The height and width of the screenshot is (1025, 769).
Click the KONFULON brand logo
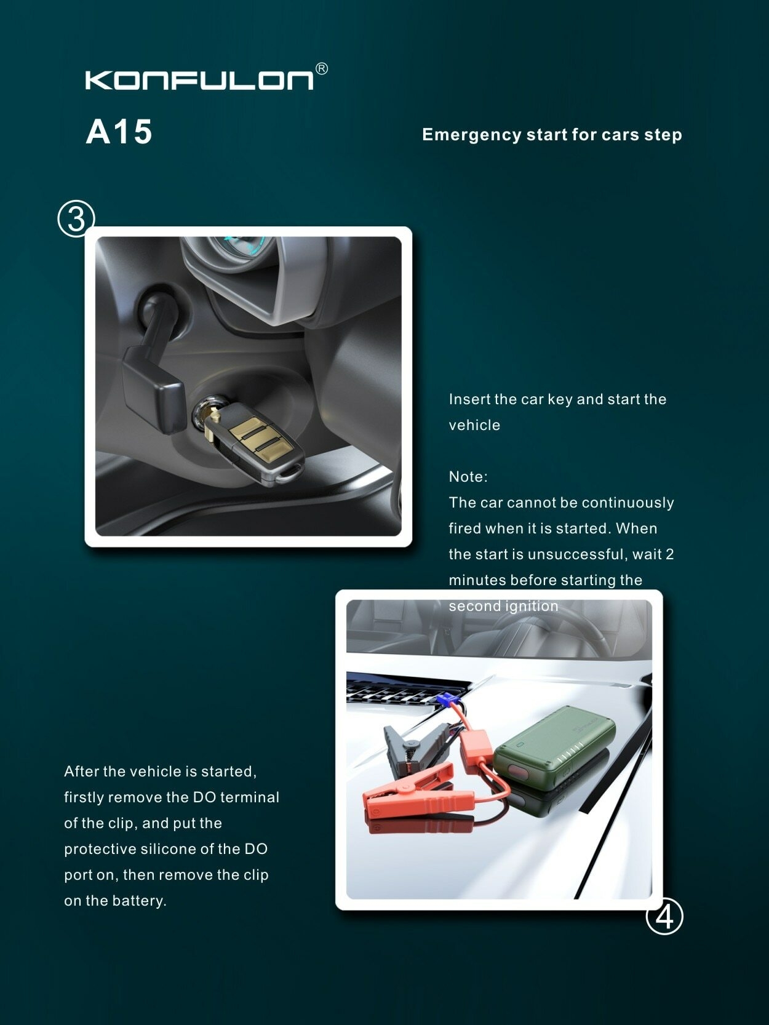(x=199, y=80)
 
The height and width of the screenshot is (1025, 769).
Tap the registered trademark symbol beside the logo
(x=322, y=69)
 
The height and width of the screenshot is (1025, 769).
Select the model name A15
(x=119, y=132)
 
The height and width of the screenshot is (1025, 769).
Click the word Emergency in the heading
(x=472, y=135)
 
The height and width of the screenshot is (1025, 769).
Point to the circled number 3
(x=76, y=218)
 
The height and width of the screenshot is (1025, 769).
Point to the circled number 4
(x=664, y=916)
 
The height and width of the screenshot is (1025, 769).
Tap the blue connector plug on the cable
(x=445, y=700)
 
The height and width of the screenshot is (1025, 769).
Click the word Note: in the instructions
(x=468, y=477)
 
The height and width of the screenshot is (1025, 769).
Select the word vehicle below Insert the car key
(x=474, y=425)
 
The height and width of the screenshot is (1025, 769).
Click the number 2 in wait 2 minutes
(x=669, y=554)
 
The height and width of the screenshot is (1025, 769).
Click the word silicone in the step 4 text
(x=169, y=849)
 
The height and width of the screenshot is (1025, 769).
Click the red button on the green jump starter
(x=517, y=771)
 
